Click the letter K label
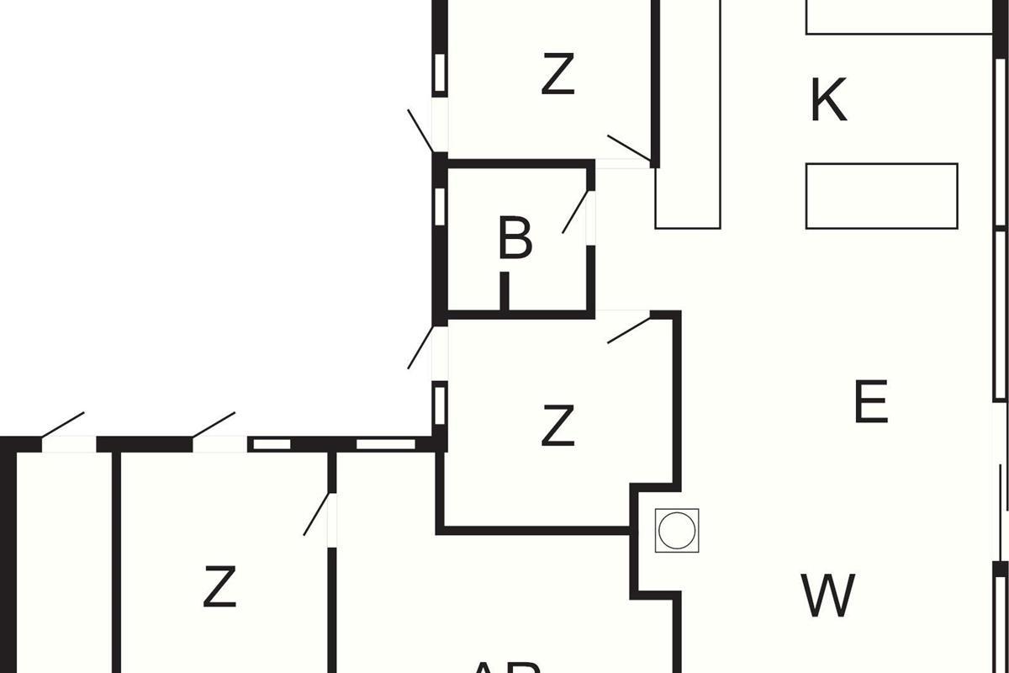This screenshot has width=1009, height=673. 828,101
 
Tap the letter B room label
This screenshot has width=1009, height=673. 515,238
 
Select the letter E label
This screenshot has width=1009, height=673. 871,402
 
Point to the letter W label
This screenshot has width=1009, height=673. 828,595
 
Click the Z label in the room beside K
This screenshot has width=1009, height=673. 557,75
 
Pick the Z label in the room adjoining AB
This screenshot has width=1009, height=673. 219,587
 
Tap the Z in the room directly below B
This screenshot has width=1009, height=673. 557,426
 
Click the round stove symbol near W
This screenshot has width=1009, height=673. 677,531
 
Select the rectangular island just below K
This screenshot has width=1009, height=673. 881,196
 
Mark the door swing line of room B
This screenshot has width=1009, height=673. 575,212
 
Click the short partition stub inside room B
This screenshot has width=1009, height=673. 504,291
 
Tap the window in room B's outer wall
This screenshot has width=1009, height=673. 439,206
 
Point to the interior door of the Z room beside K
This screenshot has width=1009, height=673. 628,147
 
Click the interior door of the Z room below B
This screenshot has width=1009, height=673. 628,330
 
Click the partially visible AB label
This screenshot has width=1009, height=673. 504,666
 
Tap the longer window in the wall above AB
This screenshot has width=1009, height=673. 386,443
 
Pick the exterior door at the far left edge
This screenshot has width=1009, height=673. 63,425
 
